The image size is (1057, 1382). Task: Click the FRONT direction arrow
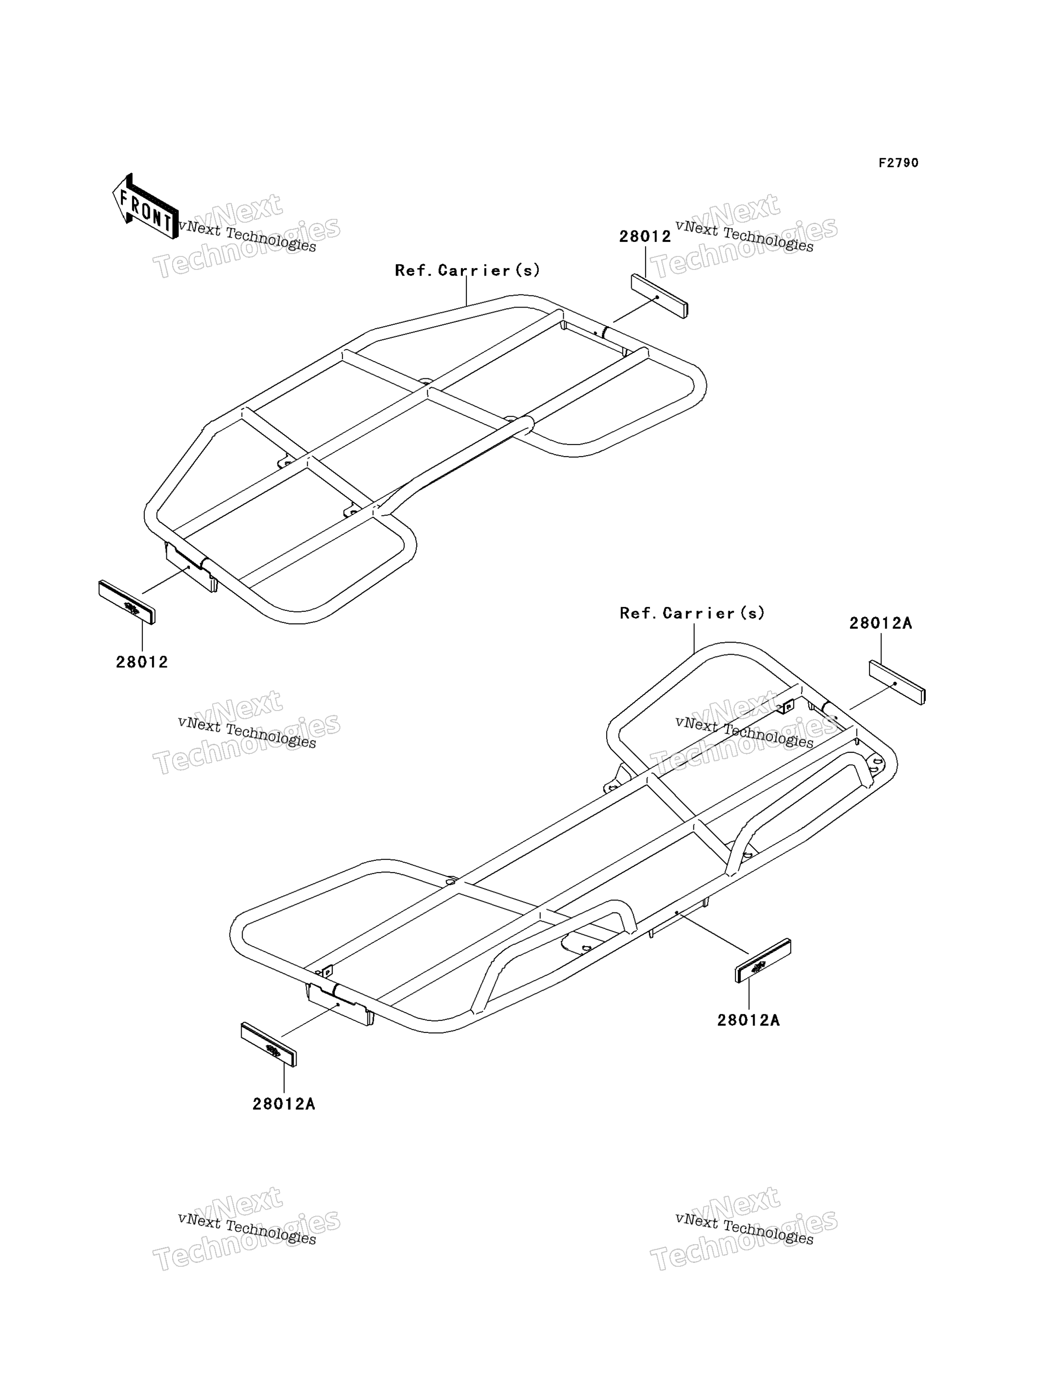click(x=145, y=207)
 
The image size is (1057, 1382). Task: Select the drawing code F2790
click(x=898, y=163)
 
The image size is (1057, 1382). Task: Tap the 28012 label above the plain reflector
click(x=645, y=237)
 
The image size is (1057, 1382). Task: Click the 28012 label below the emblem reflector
click(x=142, y=662)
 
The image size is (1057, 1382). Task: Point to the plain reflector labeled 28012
click(x=659, y=296)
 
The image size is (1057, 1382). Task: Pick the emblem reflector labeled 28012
click(x=126, y=602)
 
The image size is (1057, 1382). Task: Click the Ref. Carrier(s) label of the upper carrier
click(x=467, y=270)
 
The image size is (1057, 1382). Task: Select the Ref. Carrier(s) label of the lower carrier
click(x=692, y=613)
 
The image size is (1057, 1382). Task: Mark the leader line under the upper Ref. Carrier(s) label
click(x=466, y=293)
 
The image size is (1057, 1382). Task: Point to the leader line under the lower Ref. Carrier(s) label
click(x=694, y=638)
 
